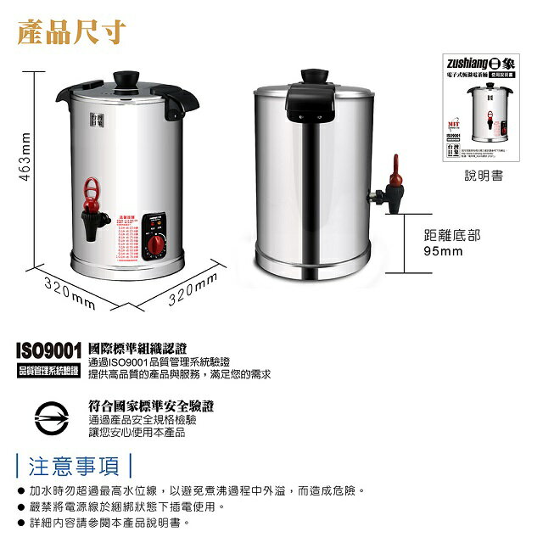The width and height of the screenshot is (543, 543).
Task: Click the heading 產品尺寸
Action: click(71, 32)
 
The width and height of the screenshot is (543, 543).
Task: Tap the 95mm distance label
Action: click(444, 251)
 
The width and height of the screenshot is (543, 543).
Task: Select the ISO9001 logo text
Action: click(48, 350)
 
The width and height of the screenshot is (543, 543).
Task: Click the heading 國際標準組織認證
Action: click(137, 348)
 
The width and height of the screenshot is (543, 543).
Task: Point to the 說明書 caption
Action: click(484, 176)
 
